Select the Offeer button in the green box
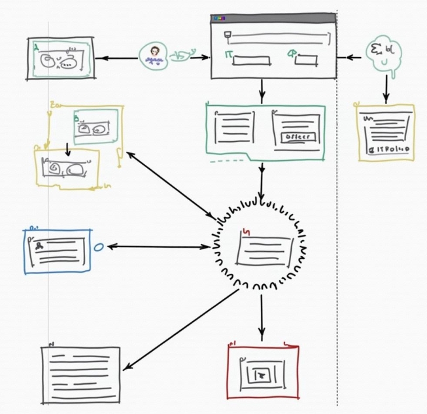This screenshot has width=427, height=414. click(x=297, y=137)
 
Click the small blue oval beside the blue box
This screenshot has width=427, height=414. click(x=99, y=247)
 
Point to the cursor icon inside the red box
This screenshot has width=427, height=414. click(x=263, y=374)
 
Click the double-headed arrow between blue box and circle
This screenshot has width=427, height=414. click(x=157, y=247)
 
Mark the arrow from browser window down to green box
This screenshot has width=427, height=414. click(x=262, y=90)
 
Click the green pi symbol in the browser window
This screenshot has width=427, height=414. click(x=230, y=53)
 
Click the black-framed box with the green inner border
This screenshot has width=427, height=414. click(x=61, y=58)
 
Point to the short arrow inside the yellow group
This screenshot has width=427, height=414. click(x=67, y=148)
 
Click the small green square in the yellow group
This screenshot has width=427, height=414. click(x=95, y=126)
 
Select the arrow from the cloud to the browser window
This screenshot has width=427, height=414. click(x=354, y=58)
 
